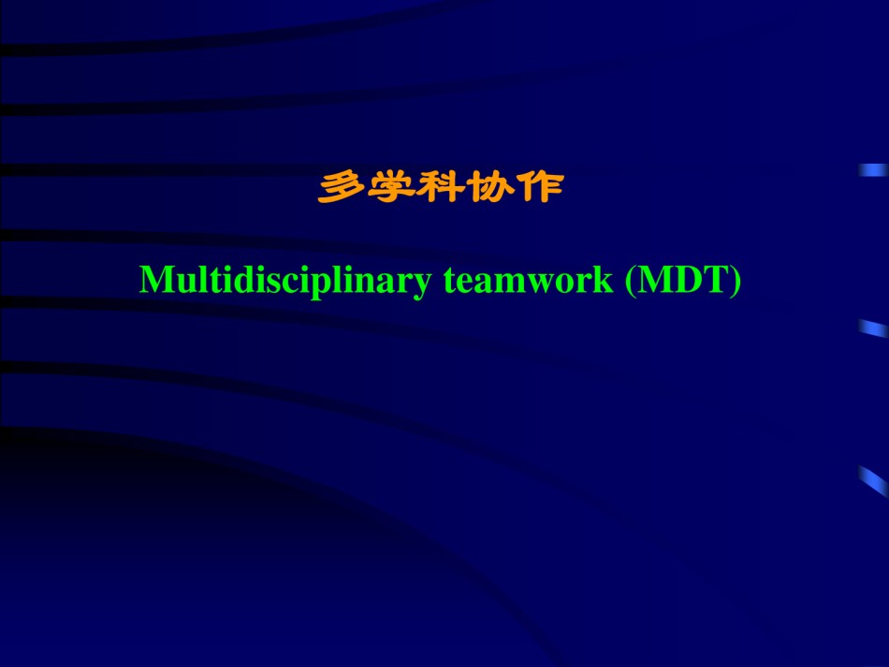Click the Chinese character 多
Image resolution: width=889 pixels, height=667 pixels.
342,187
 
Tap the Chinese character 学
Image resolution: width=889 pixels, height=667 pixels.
390,187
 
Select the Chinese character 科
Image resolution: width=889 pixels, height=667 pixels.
440,187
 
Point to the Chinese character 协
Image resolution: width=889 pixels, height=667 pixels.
489,187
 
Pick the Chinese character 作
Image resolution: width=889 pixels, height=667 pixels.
540,187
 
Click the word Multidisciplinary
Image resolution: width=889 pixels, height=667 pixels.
285,281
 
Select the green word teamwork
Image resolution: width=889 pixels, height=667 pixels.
529,280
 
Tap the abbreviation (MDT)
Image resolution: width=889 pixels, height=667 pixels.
682,280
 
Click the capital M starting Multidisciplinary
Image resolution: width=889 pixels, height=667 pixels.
156,280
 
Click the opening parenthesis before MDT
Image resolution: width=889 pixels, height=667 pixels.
630,281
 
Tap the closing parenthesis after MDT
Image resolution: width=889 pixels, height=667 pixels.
736,281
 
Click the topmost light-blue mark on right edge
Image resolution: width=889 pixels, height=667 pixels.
873,170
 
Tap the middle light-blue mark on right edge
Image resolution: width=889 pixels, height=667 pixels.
873,328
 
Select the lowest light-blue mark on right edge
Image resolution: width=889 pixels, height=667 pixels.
873,482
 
